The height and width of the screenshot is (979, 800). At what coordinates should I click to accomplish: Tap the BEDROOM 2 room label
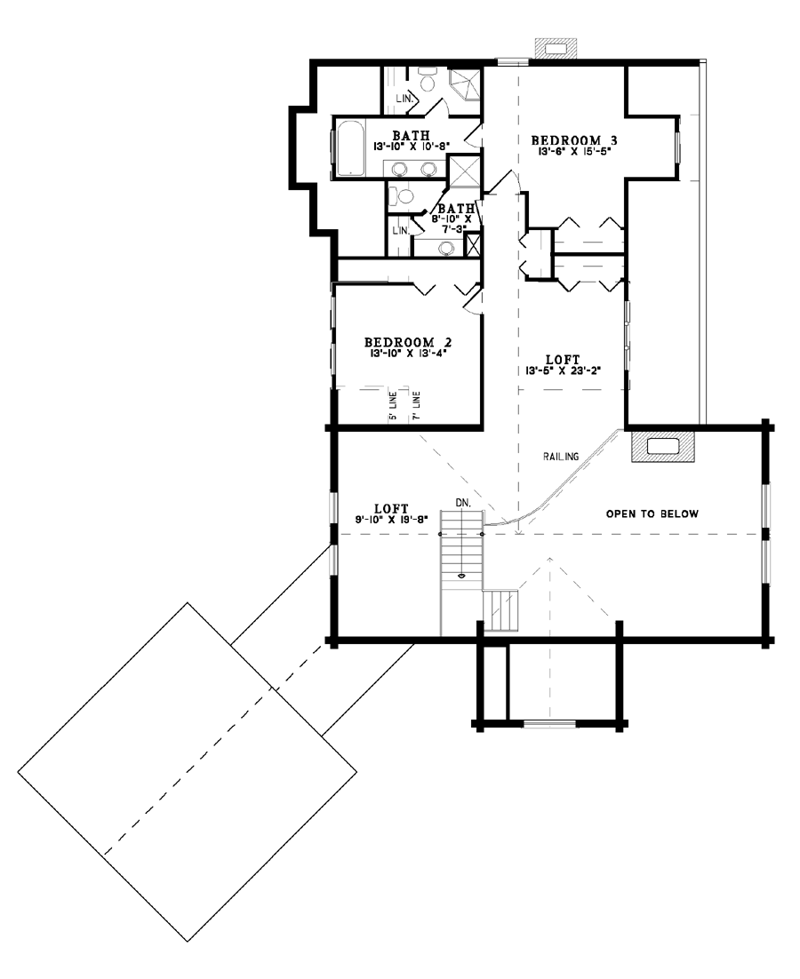pos(408,342)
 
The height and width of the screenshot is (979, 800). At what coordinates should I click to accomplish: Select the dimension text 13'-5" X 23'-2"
pos(563,370)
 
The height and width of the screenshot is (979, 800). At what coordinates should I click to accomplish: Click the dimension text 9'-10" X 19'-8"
pos(392,518)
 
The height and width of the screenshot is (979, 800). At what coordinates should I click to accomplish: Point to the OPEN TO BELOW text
pos(652,513)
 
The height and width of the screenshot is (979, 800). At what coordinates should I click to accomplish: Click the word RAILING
pos(561,457)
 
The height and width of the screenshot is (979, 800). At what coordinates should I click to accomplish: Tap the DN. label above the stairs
pos(463,502)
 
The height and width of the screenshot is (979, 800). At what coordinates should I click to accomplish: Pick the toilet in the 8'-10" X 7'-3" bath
pos(402,196)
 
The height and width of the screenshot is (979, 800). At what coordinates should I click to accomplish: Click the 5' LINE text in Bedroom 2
pos(392,407)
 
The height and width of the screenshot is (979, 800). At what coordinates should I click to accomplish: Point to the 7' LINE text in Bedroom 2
pos(416,407)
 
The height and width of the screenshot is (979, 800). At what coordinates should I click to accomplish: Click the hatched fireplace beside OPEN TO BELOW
pos(662,446)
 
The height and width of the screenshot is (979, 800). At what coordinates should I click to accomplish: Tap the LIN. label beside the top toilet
pos(404,99)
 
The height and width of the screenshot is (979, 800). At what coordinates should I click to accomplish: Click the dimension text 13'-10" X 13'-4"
pos(408,353)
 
